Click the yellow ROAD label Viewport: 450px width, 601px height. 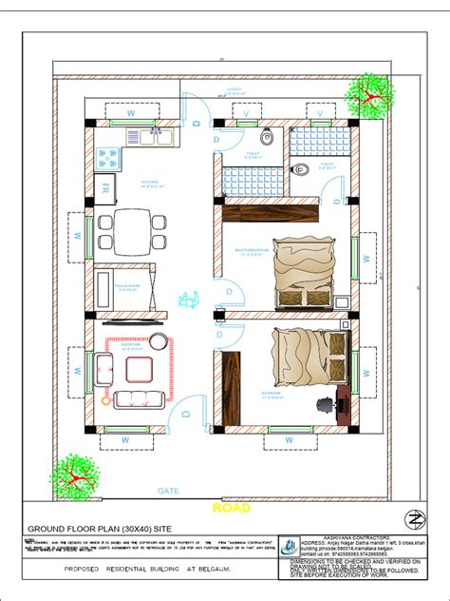(232, 508)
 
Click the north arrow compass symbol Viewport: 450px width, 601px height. (413, 520)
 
